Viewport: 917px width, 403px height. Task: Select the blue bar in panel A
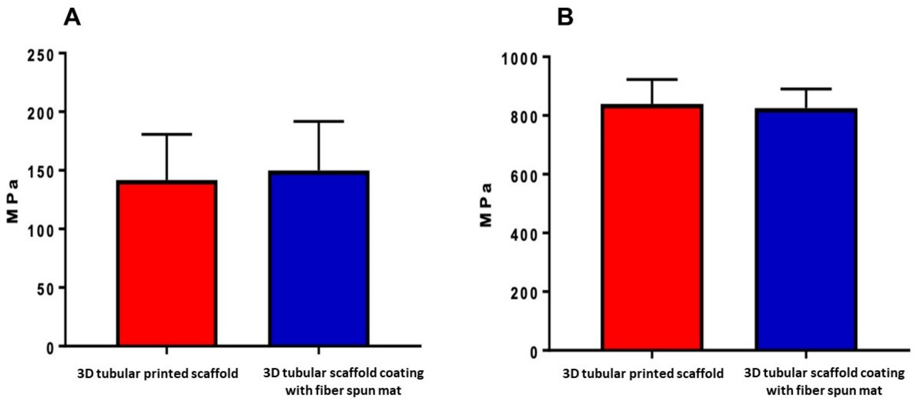tap(319, 258)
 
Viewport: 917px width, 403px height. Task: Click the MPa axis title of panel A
tap(12, 201)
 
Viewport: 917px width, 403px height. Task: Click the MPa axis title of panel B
tap(486, 205)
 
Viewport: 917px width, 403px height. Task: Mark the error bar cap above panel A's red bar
tap(167, 134)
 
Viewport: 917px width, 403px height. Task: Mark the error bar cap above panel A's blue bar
tap(319, 121)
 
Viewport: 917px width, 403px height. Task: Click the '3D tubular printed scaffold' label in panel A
tap(158, 373)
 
